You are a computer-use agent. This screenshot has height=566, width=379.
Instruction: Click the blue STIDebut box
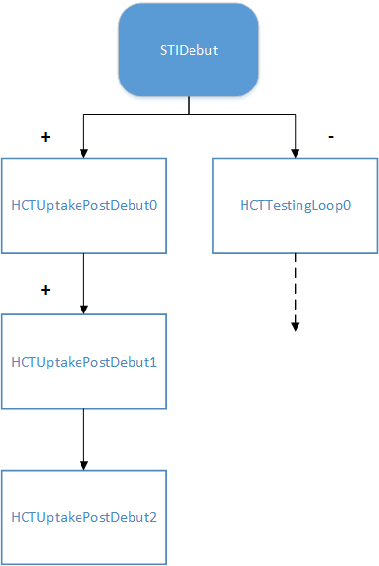pyautogui.click(x=190, y=49)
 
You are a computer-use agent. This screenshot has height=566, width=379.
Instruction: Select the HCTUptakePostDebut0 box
pyautogui.click(x=83, y=205)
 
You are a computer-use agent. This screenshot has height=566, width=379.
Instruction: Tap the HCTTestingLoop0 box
pyautogui.click(x=296, y=205)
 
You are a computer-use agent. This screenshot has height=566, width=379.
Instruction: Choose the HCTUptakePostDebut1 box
pyautogui.click(x=83, y=361)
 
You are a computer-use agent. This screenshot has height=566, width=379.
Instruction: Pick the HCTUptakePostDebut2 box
pyautogui.click(x=83, y=516)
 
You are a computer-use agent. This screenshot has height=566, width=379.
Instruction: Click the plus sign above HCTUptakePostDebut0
pyautogui.click(x=45, y=137)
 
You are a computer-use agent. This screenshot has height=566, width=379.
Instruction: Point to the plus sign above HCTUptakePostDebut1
pyautogui.click(x=45, y=291)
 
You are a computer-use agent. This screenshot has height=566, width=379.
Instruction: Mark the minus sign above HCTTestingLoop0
pyautogui.click(x=330, y=136)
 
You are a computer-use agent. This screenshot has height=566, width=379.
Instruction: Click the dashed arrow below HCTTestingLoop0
pyautogui.click(x=296, y=295)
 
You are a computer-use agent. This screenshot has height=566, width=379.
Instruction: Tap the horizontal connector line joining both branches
pyautogui.click(x=189, y=115)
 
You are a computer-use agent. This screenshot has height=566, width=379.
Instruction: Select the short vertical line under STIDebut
pyautogui.click(x=190, y=106)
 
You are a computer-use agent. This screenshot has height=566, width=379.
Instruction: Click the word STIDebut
pyautogui.click(x=190, y=49)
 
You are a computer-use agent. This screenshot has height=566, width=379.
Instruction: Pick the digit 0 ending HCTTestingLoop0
pyautogui.click(x=347, y=205)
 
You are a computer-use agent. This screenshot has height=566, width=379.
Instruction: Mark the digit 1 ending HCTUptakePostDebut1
pyautogui.click(x=153, y=361)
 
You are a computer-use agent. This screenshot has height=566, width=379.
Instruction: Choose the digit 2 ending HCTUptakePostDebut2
pyautogui.click(x=153, y=516)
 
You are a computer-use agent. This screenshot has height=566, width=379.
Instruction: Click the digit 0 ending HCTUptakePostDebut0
pyautogui.click(x=153, y=205)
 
